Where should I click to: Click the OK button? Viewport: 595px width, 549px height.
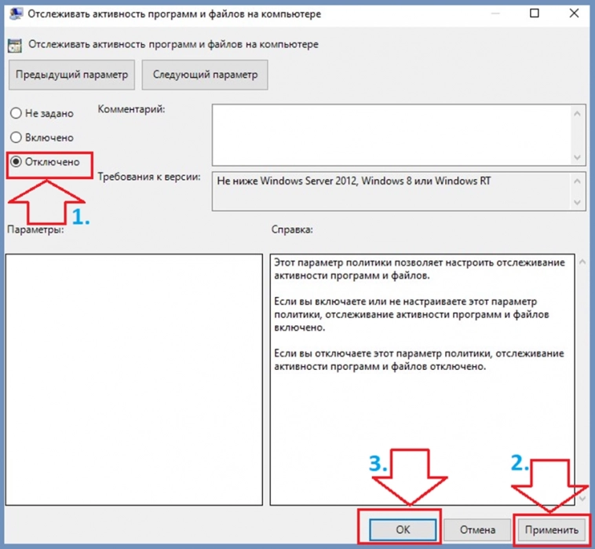pos(403,529)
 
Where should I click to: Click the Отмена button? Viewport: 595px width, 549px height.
pos(478,529)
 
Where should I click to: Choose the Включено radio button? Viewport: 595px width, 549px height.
pos(16,137)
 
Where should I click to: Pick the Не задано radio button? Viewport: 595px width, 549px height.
pos(16,113)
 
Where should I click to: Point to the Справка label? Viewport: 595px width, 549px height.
pos(292,230)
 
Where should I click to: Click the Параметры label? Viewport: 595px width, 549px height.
pos(35,230)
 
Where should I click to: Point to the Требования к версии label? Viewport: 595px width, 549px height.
pos(149,178)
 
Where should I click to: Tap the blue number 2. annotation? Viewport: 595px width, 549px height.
pos(520,463)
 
